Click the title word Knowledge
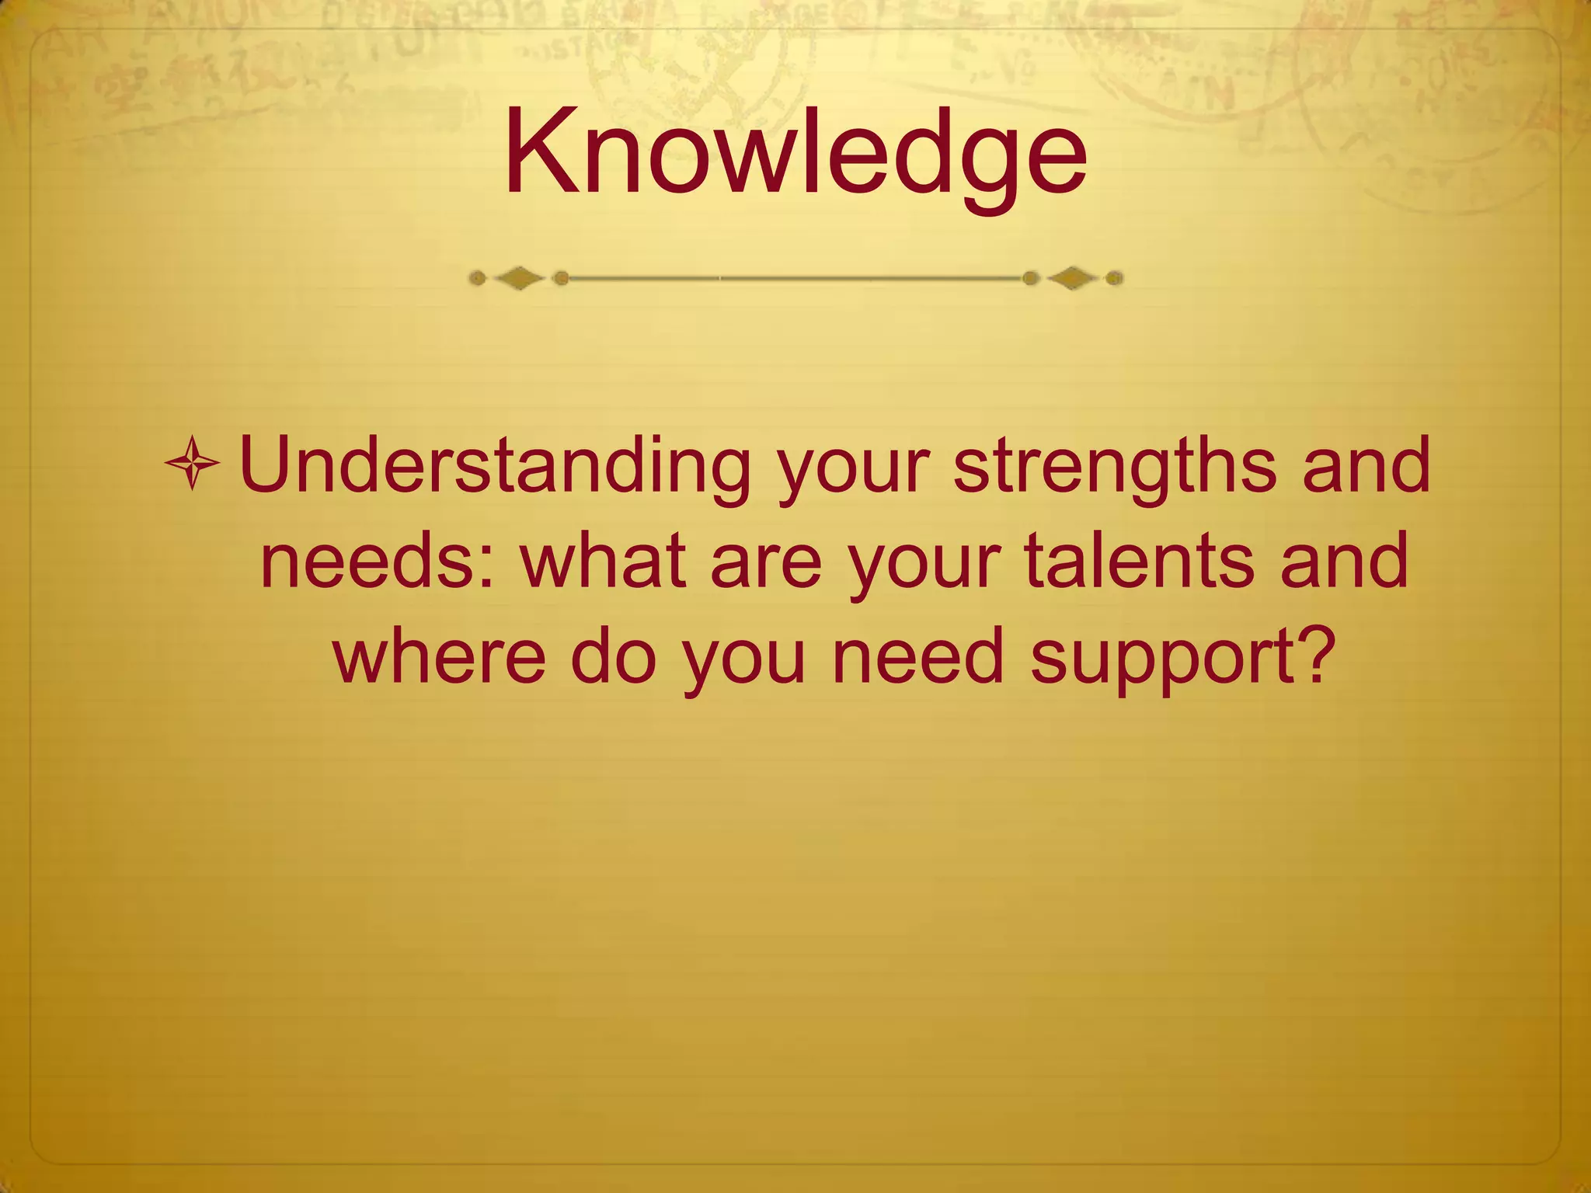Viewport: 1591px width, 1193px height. click(795, 152)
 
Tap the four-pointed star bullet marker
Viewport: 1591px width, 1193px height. click(192, 464)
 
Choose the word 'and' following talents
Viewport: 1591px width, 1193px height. click(1344, 560)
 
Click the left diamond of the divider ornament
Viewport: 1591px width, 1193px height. click(520, 278)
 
